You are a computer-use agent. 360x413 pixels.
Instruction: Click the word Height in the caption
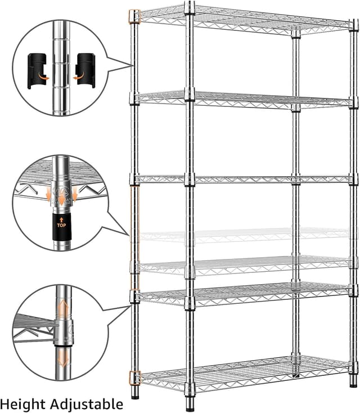[x=23, y=403]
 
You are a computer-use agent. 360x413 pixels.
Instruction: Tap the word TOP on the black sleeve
[x=61, y=225]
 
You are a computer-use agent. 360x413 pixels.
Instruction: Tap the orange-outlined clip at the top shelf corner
[x=134, y=16]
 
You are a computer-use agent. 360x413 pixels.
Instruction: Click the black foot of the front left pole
[x=135, y=396]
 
